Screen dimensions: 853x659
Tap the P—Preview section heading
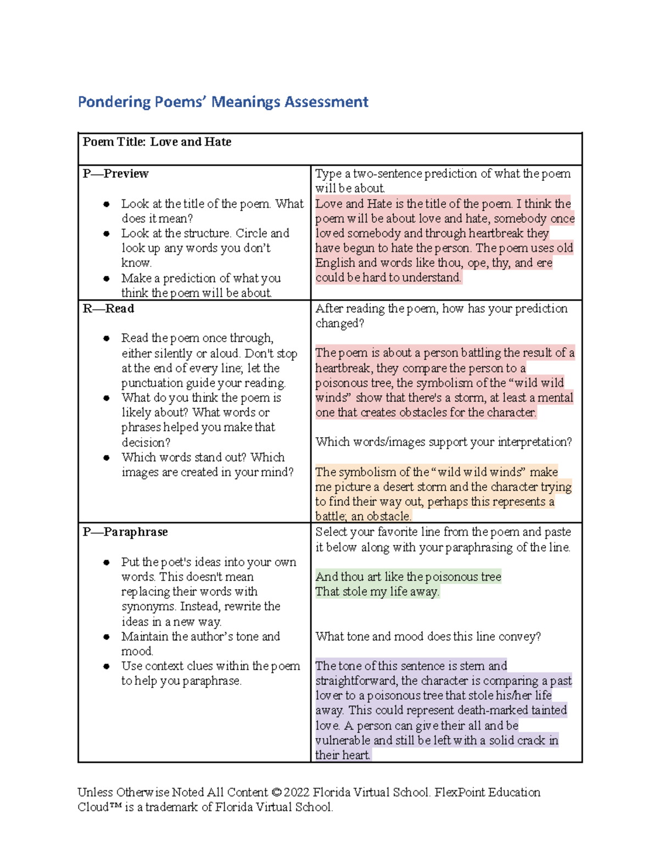115,174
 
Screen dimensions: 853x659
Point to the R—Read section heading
108,309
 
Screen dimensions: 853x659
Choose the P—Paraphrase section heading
125,532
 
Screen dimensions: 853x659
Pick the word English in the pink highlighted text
335,263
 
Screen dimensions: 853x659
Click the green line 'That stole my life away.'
377,592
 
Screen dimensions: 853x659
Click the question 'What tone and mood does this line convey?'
428,637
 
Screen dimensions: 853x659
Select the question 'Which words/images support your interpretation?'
444,442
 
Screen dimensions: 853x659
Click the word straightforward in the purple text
356,681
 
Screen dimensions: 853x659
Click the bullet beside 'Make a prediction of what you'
107,278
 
